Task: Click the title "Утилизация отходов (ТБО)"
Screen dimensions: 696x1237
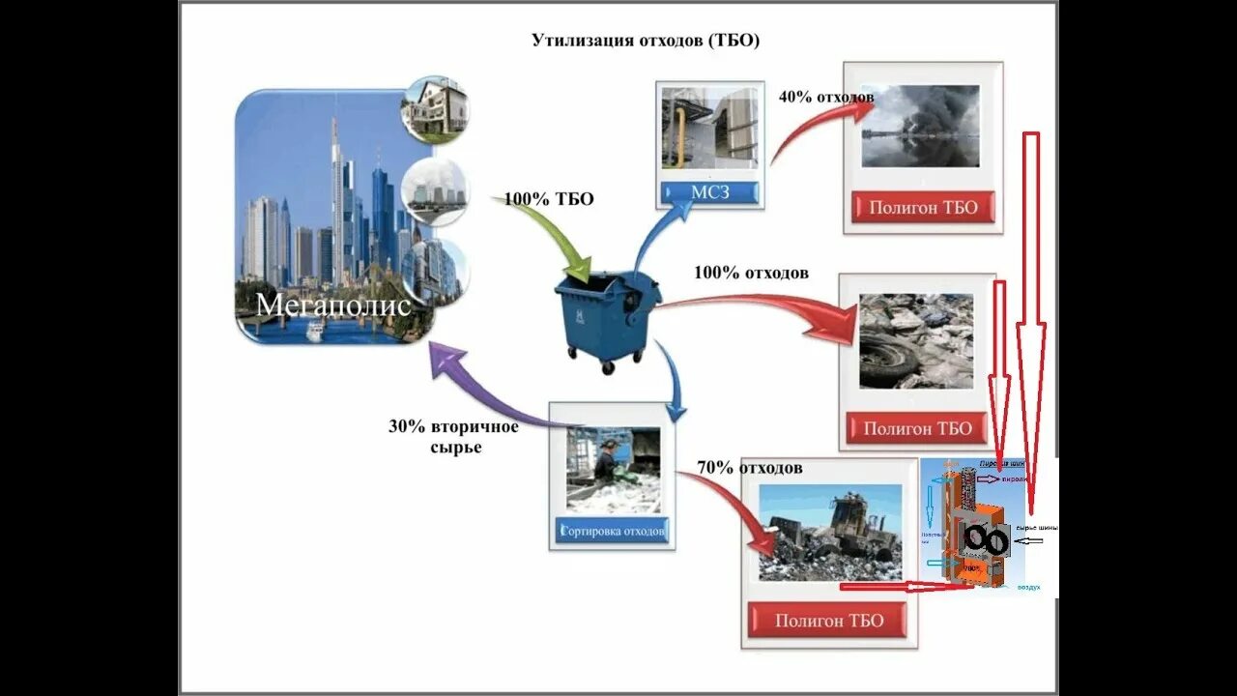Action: coord(646,41)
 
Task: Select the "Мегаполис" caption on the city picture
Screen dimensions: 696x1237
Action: coord(333,305)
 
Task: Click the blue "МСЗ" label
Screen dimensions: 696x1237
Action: coord(710,192)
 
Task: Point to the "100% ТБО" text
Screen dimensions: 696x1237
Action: coord(549,200)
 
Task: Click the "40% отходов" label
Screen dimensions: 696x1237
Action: coord(826,97)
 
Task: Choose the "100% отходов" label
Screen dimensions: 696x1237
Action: coord(751,274)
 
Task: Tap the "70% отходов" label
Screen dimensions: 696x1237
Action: coord(750,469)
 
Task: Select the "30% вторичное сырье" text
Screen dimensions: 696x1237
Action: coord(453,437)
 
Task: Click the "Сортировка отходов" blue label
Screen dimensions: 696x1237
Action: coord(613,531)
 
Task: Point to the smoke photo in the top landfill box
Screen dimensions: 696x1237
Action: coord(920,126)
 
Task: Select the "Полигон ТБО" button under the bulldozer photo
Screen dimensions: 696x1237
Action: coord(829,621)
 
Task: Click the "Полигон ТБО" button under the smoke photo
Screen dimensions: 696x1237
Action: coord(923,207)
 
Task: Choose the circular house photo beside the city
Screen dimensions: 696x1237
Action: coord(434,108)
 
